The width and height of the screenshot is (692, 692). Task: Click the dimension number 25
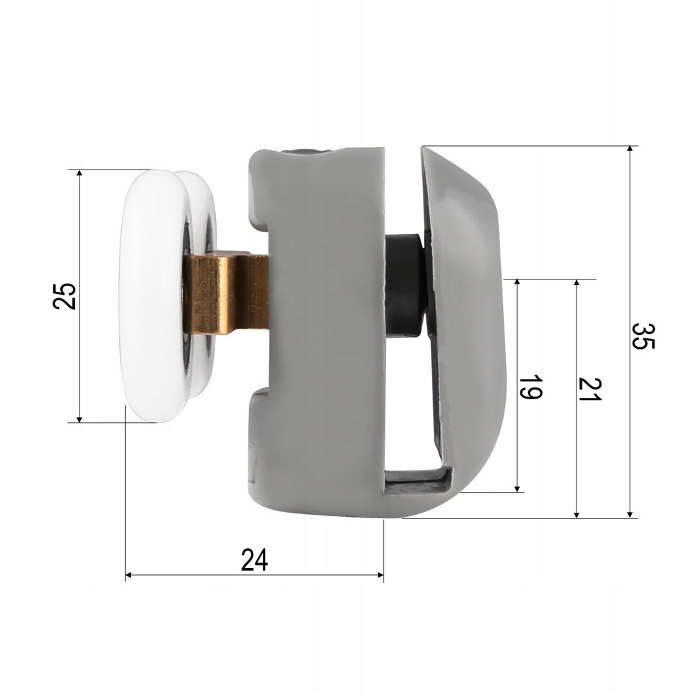point(64,295)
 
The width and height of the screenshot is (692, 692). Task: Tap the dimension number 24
point(255,560)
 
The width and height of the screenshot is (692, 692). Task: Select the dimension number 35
point(643,336)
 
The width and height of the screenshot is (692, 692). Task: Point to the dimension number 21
point(590,389)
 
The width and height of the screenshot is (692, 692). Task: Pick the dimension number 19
point(530,387)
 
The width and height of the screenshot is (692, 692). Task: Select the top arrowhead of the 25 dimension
point(80,174)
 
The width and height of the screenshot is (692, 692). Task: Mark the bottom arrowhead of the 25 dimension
point(80,418)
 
